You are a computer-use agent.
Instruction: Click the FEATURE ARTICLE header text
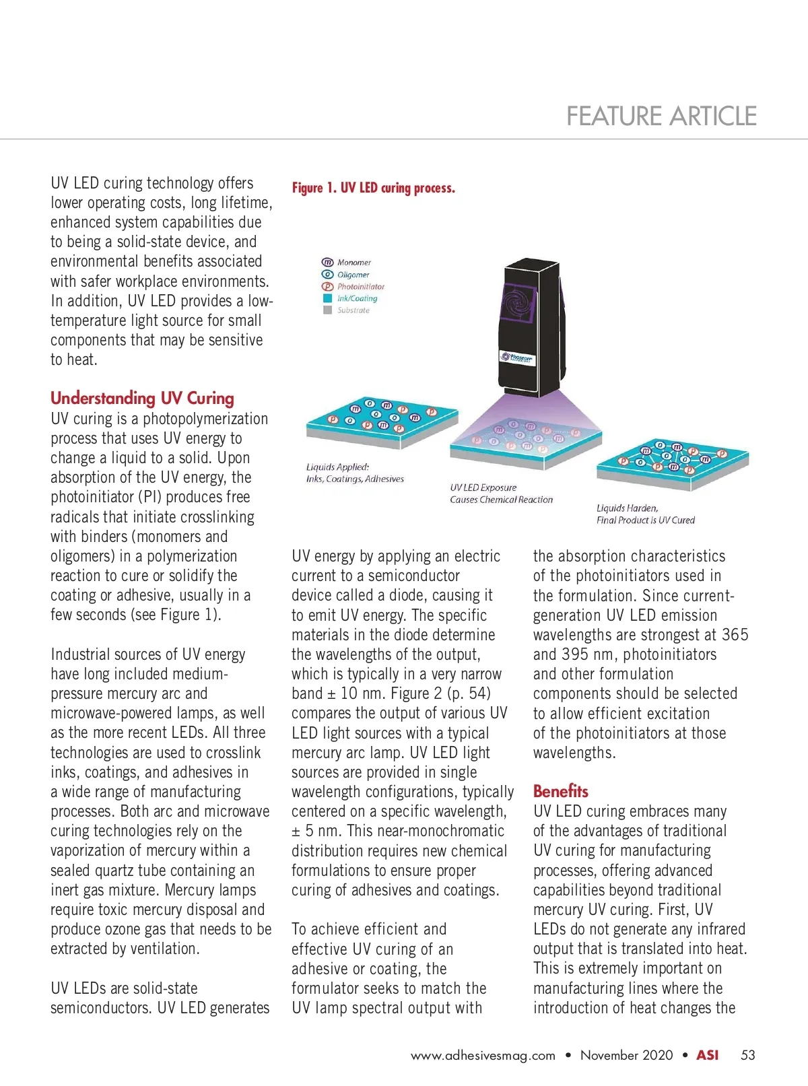[661, 116]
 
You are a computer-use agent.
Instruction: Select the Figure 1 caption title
[374, 188]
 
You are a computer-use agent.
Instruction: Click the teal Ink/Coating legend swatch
[328, 298]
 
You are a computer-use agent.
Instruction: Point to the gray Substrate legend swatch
[328, 310]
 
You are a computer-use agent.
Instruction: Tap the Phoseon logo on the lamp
[517, 358]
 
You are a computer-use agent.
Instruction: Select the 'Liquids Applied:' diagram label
[337, 467]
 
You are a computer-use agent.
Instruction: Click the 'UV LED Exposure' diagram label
[483, 487]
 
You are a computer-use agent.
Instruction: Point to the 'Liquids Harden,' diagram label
[628, 508]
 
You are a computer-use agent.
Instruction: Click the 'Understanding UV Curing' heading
[142, 398]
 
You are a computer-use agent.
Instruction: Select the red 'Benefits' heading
[560, 791]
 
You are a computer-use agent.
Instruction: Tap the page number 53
[748, 1055]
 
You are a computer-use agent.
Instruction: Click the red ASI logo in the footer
[707, 1055]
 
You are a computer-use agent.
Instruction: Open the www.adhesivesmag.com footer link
[483, 1056]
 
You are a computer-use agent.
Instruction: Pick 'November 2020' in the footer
[626, 1055]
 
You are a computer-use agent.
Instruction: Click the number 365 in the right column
[735, 635]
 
